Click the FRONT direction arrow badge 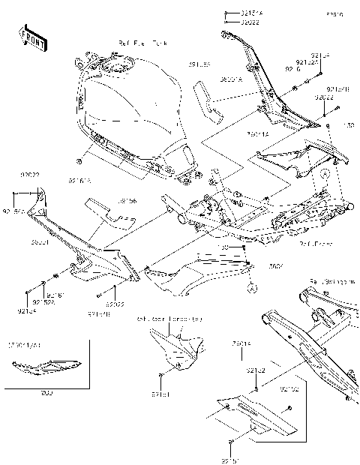[33, 38]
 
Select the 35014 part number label [241, 344]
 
